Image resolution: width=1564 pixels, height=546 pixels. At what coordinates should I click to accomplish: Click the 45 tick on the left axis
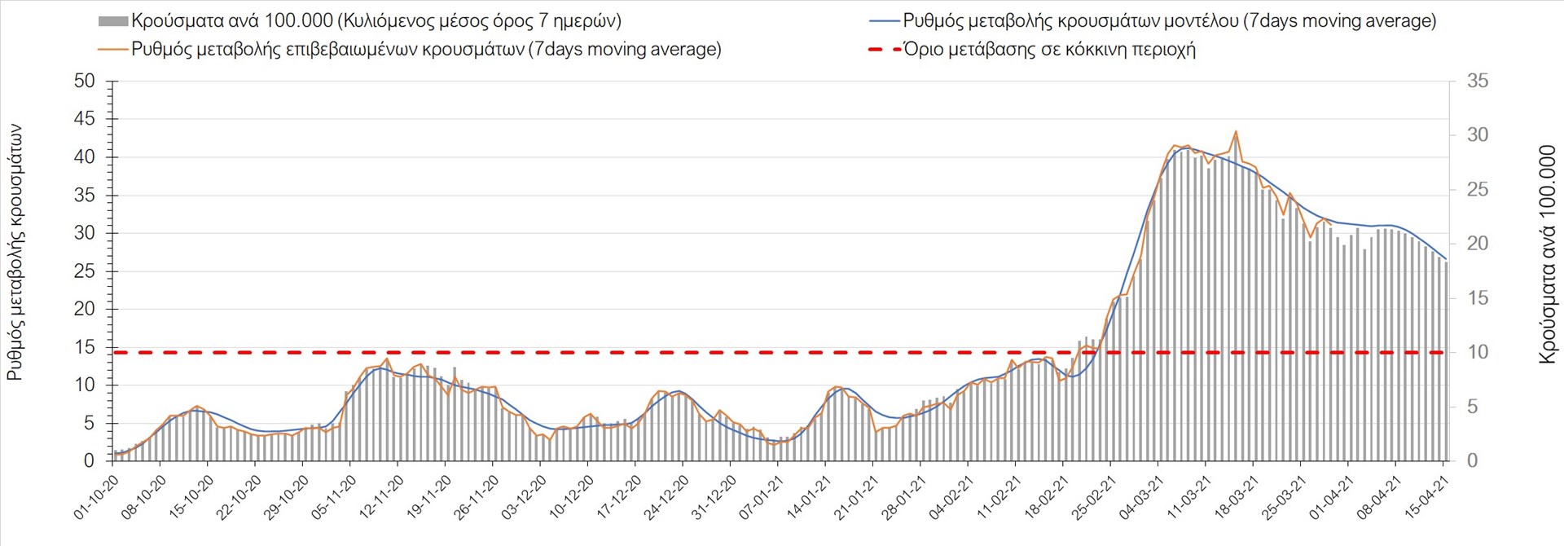(84, 119)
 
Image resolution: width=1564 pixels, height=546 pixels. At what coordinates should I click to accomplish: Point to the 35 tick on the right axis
(1478, 81)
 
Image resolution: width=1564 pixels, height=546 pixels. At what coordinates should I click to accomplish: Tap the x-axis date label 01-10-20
(97, 497)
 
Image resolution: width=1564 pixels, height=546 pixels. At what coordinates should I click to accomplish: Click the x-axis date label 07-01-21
(762, 497)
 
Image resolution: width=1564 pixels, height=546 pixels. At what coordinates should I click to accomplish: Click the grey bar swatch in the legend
(112, 21)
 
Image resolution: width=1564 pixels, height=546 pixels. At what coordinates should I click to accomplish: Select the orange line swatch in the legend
(114, 50)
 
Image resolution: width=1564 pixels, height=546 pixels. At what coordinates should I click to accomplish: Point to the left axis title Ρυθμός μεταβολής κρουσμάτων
(15, 253)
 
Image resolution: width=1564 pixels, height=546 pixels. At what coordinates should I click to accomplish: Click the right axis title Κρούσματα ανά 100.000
(1547, 254)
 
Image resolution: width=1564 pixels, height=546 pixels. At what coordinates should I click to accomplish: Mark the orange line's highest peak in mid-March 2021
(1236, 131)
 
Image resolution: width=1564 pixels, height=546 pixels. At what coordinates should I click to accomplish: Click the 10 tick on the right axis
(1478, 352)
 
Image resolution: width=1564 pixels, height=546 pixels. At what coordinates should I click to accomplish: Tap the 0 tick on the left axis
(89, 461)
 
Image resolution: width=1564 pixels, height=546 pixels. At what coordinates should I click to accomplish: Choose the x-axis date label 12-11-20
(382, 497)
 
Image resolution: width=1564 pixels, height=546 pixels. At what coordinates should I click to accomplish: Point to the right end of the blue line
(1446, 259)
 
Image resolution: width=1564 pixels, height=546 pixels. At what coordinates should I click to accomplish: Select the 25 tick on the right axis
(1478, 189)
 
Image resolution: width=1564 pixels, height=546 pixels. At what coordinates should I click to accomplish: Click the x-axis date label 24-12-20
(667, 497)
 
